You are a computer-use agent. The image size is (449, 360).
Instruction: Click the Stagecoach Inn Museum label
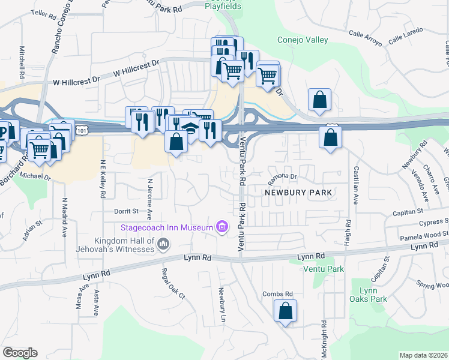pos(167,227)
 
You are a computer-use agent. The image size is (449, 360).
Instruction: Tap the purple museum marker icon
pos(222,227)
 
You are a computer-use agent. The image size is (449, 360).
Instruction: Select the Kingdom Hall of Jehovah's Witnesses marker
pos(164,244)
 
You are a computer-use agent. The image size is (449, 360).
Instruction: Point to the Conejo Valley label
pos(303,40)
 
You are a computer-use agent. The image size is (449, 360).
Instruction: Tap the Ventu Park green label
pos(323,269)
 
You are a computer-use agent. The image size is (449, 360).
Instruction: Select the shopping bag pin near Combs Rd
pos(285,311)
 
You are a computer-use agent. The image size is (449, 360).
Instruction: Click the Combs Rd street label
pos(277,293)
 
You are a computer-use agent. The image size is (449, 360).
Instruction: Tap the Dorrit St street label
pos(127,211)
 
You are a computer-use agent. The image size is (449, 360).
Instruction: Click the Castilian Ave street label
pos(357,185)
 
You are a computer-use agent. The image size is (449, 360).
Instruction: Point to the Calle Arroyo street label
pos(365,38)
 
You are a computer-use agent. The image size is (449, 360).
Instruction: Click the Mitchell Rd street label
pos(22,64)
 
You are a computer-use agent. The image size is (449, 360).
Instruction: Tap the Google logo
pos(20,353)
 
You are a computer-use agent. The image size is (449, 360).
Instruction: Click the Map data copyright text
pos(423,355)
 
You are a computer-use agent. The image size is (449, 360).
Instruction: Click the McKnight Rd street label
pos(324,340)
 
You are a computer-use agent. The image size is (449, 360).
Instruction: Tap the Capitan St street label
pos(408,211)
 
